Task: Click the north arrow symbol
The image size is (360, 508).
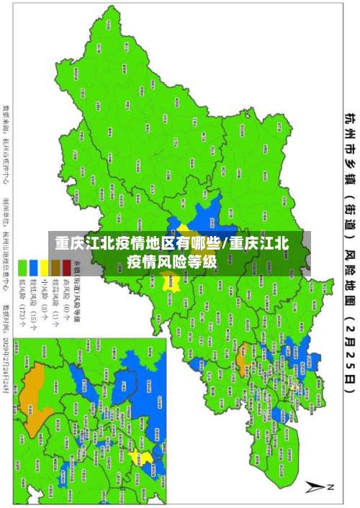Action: pyautogui.click(x=316, y=487)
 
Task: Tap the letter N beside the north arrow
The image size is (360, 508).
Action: pyautogui.click(x=332, y=488)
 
